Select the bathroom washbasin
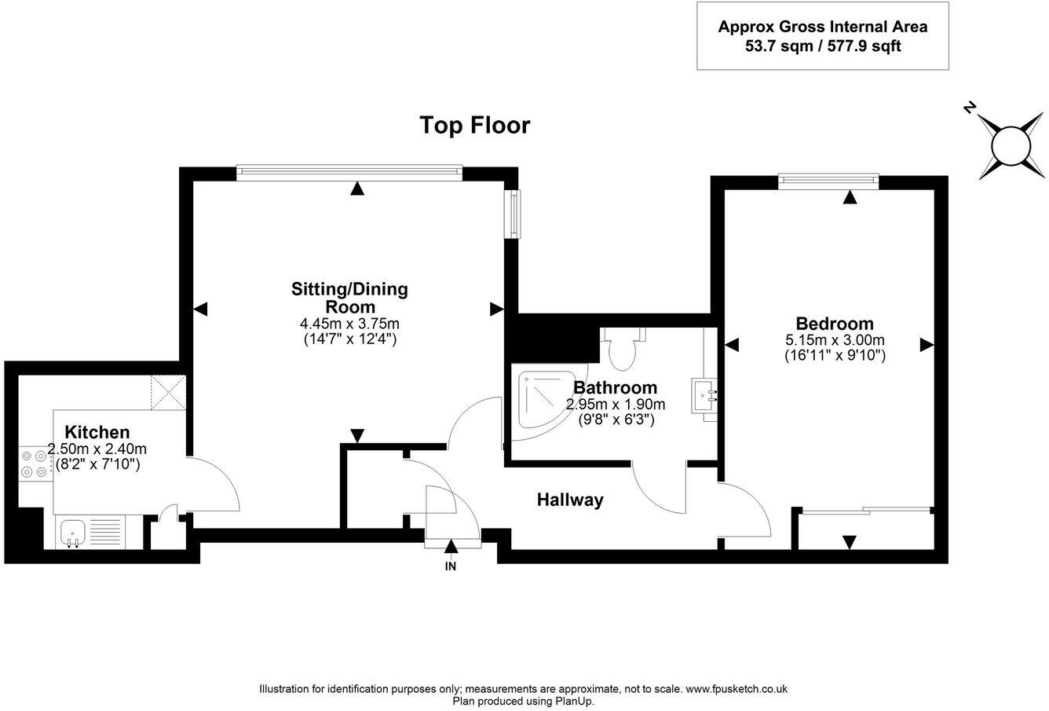(x=704, y=394)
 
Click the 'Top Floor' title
(x=474, y=125)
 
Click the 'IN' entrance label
(x=451, y=566)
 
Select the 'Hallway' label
(x=570, y=500)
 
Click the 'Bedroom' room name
(x=834, y=324)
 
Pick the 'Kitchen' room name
(x=97, y=432)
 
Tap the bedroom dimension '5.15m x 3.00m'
(x=835, y=341)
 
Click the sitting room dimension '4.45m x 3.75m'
(x=349, y=324)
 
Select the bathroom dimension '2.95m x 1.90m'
(x=615, y=405)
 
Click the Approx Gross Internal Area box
(x=822, y=36)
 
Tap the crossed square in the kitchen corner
(x=169, y=392)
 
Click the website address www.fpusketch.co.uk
(x=736, y=689)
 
